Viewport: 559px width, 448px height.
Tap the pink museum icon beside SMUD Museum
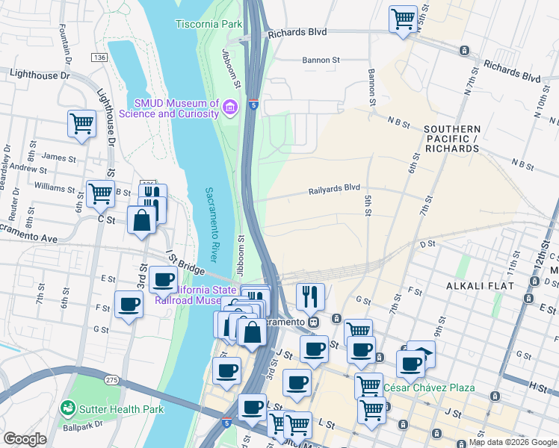[x=230, y=109]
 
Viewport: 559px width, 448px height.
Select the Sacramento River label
[x=211, y=224]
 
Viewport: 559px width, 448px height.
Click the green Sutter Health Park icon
[x=69, y=408]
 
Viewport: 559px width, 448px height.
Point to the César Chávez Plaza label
[x=439, y=388]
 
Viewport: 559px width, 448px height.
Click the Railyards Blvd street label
[x=334, y=190]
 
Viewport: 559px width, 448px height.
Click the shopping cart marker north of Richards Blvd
[x=403, y=18]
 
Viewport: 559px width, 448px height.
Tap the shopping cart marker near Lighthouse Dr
[x=81, y=124]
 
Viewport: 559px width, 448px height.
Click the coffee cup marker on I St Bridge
[x=163, y=280]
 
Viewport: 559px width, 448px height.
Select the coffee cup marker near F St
[x=129, y=305]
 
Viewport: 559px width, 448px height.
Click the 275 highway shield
[x=112, y=380]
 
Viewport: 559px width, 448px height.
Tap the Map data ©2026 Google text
[x=513, y=442]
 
